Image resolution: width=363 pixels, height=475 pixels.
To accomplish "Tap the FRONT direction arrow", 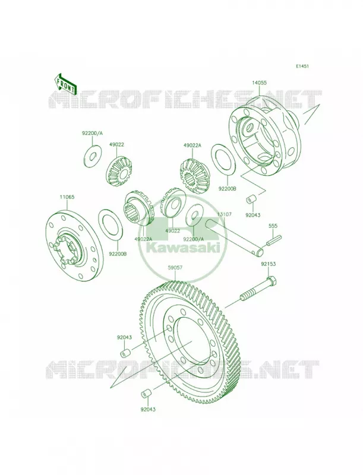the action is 64,83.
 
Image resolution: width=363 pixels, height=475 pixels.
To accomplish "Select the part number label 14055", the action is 259,82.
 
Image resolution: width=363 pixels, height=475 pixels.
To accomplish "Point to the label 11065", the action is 67,197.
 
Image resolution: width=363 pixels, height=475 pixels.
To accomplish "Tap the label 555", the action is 273,226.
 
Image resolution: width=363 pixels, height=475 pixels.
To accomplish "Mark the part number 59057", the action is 176,268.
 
